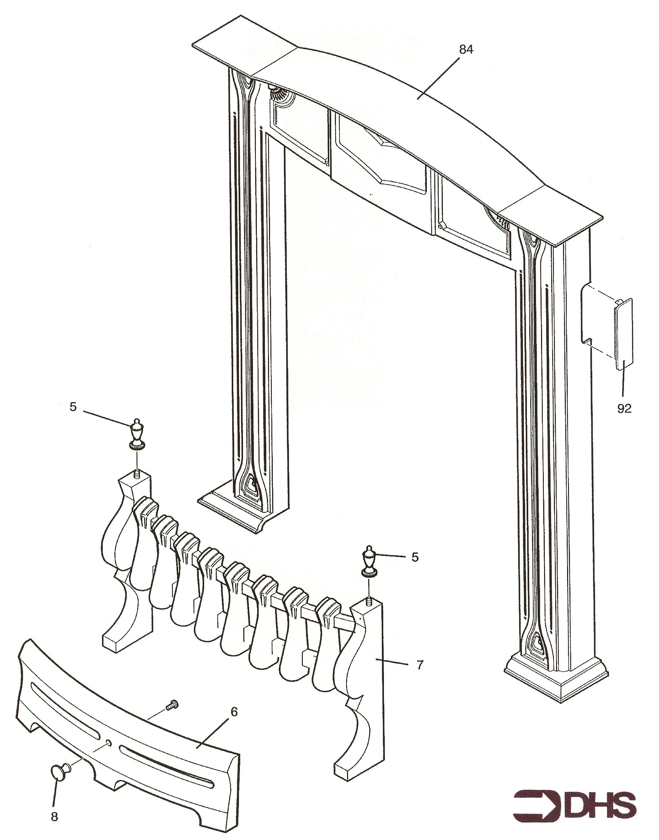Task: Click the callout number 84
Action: pos(466,49)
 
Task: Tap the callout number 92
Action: pos(624,409)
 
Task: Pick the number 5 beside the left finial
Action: pos(73,407)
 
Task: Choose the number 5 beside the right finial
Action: pos(415,557)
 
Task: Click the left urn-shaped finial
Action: pos(136,434)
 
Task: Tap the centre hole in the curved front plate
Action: pos(109,742)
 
